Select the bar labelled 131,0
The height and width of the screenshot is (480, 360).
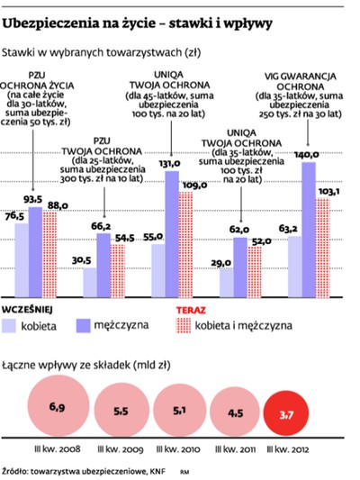pos(172,234)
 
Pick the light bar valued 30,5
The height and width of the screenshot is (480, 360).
pos(90,282)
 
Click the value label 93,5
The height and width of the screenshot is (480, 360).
pos(35,199)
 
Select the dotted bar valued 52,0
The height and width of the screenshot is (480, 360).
pos(262,271)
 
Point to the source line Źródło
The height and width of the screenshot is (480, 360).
pos(81,468)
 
